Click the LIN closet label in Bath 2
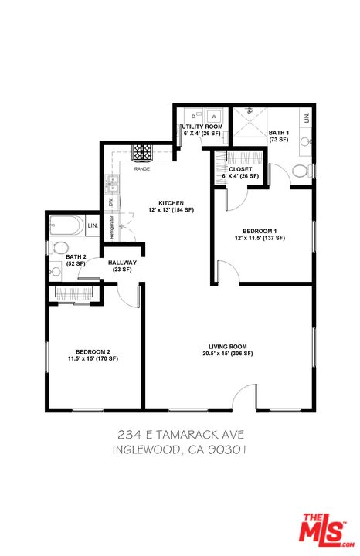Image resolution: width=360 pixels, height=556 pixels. [93, 225]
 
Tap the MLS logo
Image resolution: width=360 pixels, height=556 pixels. [323, 529]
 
